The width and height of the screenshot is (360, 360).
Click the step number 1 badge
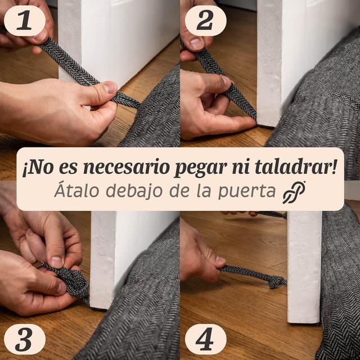point(24,21)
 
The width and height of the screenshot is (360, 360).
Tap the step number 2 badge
point(205,21)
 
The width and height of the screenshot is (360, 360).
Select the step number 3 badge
point(24,339)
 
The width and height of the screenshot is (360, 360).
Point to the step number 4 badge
point(205,339)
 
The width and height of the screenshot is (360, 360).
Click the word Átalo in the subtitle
point(74,191)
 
